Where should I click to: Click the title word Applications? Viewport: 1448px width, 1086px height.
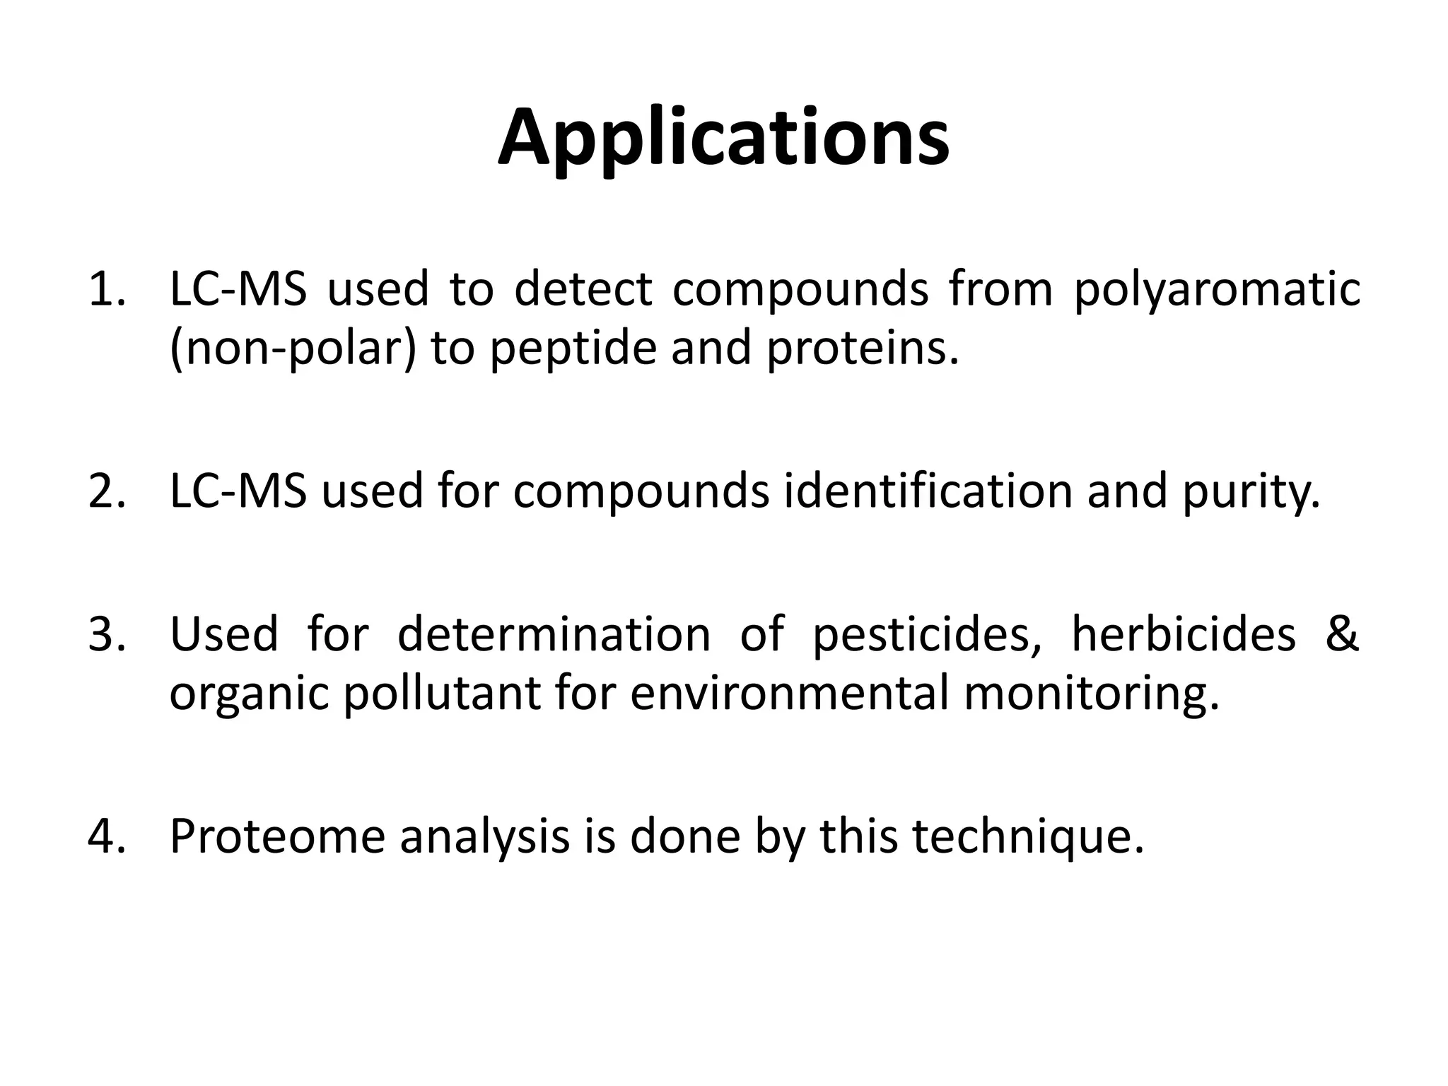click(x=723, y=139)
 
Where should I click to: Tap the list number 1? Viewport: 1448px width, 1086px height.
click(x=106, y=290)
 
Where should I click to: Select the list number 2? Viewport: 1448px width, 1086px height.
click(x=106, y=491)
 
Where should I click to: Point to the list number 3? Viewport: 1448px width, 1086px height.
click(x=106, y=633)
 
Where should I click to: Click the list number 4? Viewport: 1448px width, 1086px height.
click(x=106, y=836)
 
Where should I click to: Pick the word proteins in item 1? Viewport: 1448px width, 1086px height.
click(x=863, y=349)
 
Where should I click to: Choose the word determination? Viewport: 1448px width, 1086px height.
click(x=554, y=633)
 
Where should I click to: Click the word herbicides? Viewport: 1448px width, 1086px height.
click(x=1184, y=633)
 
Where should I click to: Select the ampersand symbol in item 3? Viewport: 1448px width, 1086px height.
click(x=1341, y=633)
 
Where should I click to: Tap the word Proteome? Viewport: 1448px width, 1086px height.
click(x=278, y=836)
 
